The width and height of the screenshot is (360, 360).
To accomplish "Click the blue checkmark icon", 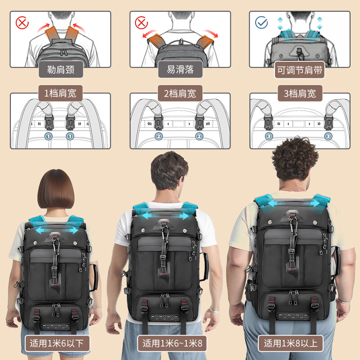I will [261, 22].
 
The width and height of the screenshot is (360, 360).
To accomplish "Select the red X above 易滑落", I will [141, 22].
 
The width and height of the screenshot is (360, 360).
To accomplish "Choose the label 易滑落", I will [180, 70].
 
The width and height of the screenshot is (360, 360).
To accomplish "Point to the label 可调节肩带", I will [300, 70].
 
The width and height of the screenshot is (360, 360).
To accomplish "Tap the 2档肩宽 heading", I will [180, 94].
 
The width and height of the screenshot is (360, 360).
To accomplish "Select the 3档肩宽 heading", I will [300, 94].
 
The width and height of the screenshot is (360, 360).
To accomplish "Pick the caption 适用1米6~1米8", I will [173, 344].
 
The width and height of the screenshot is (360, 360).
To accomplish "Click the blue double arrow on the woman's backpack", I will [56, 230].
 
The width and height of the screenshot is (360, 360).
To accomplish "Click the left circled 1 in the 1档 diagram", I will [48, 136].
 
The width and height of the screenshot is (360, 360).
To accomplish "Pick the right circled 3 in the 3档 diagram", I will [328, 136].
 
